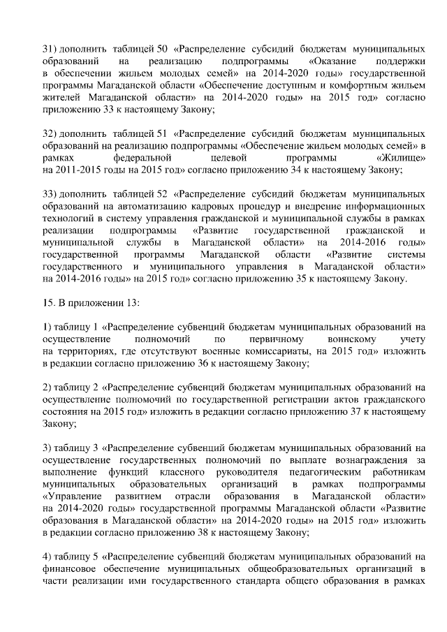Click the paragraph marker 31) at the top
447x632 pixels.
(x=50, y=50)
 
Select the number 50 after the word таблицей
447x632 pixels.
(x=164, y=50)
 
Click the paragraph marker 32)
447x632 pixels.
(x=50, y=133)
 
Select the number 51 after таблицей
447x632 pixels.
(x=164, y=133)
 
